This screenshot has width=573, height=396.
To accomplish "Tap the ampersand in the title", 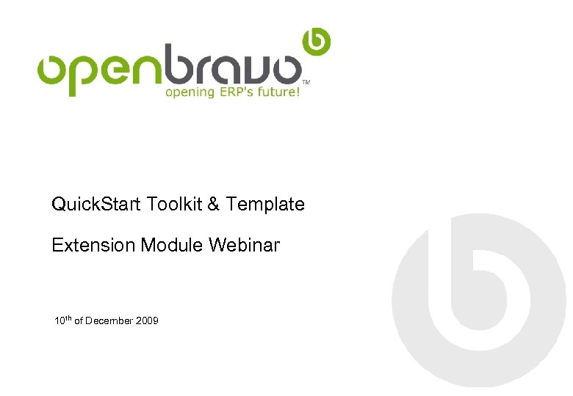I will tap(214, 205).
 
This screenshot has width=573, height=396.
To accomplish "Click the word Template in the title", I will tap(265, 205).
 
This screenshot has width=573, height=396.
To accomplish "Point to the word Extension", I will tap(93, 246).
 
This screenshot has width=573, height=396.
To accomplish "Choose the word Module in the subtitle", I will tap(172, 246).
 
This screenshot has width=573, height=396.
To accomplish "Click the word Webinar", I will tap(244, 246).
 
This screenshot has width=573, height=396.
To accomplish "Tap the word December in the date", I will tap(109, 321).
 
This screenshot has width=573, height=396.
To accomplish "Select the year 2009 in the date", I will tap(147, 321).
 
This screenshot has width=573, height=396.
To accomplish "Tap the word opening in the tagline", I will tap(190, 93).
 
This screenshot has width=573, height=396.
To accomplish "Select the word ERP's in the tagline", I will tap(236, 92).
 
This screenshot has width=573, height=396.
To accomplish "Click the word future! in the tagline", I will tap(279, 92).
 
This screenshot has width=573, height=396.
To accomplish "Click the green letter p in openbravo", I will tap(85, 73).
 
